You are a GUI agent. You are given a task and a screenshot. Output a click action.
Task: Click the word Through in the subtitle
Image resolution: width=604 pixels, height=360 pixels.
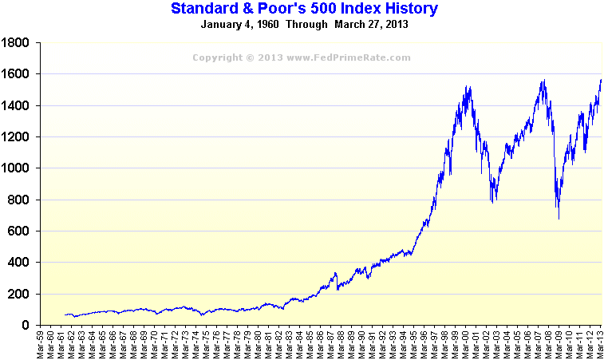(304, 24)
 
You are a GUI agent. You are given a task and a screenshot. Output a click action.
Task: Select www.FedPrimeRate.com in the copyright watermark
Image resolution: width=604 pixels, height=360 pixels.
(349, 57)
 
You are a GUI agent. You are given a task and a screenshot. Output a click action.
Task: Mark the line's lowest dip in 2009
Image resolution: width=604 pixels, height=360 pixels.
(559, 218)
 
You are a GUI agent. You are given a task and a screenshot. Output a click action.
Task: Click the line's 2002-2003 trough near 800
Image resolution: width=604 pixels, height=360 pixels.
(492, 202)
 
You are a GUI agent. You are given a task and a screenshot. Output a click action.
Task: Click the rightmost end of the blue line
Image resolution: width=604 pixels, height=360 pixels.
(601, 80)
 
